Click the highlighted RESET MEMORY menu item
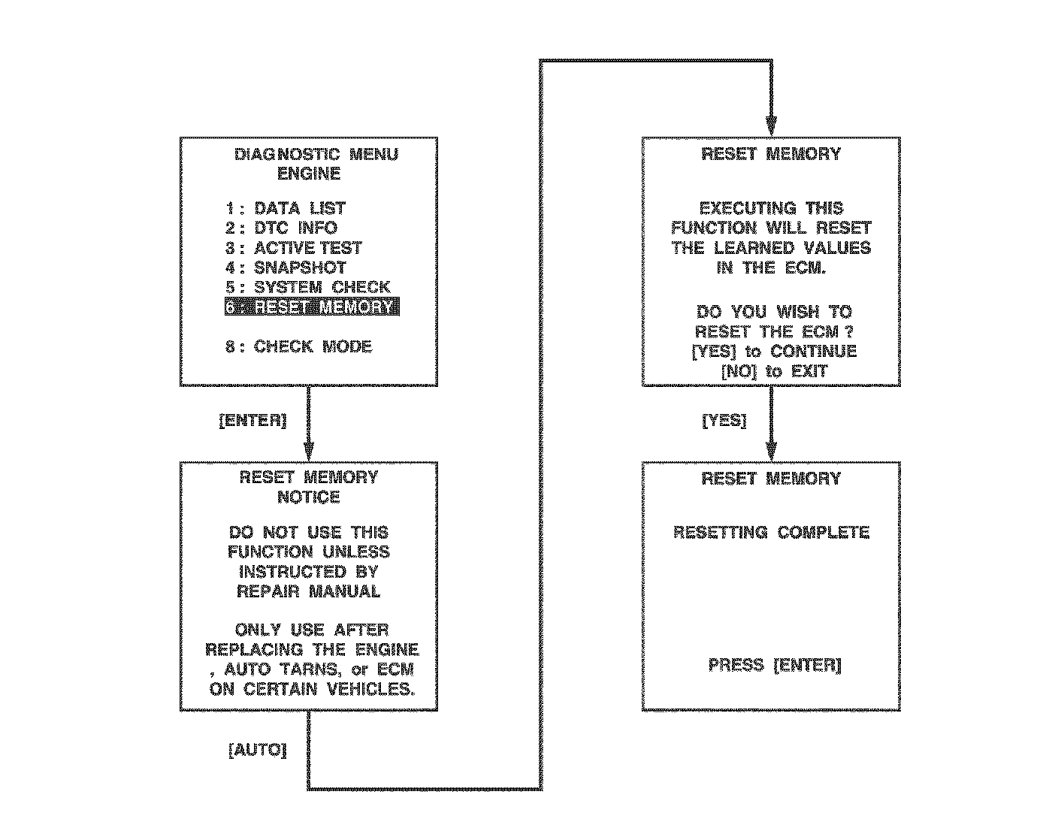coord(312,307)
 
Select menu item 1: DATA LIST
coord(286,209)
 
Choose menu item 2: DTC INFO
coord(282,228)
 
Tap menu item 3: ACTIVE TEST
coord(294,248)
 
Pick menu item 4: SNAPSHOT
coord(286,267)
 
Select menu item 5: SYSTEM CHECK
coord(308,287)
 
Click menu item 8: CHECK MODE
coord(299,346)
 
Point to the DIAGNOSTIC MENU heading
coord(316,155)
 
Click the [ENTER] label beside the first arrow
coord(252,421)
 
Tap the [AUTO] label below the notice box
coord(257,750)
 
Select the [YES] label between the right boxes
coord(724,421)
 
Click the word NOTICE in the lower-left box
coord(309,497)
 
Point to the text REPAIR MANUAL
coord(309,591)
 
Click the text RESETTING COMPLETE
coord(771,533)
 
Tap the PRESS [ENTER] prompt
coord(775,665)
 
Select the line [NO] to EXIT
coord(774,371)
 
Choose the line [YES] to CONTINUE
coord(774,352)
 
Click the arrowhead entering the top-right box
coord(771,127)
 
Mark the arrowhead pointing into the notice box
coord(309,450)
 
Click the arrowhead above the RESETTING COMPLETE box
coord(771,451)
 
